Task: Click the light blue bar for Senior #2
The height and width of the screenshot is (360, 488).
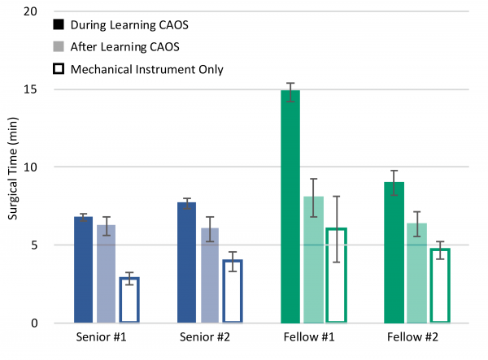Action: coord(210,275)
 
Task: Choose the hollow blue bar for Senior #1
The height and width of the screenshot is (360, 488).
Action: coord(129,300)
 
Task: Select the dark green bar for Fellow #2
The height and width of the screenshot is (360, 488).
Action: coord(394,252)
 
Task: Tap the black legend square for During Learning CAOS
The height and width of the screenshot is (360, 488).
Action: coord(58,24)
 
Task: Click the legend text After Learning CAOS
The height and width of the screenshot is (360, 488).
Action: coord(118,46)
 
